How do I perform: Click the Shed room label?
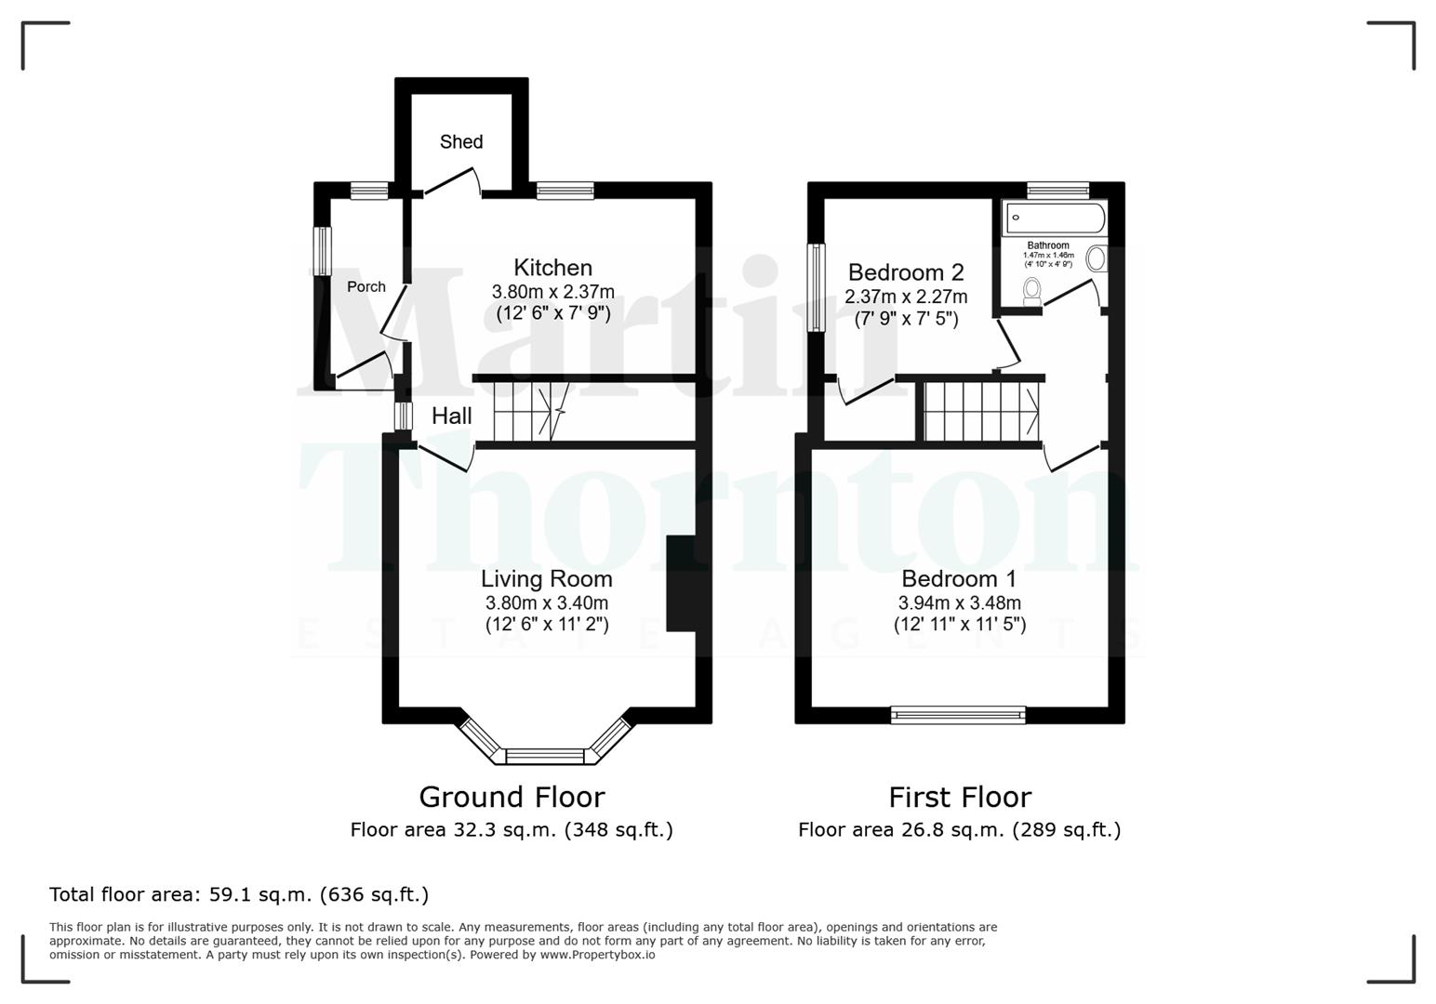460,141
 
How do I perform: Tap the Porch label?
366,286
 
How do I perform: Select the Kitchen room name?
552,268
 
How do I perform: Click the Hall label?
451,416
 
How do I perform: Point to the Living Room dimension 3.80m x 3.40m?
547,602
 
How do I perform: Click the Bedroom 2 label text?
905,272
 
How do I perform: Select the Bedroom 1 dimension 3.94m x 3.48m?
959,602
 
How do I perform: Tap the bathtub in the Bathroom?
1055,218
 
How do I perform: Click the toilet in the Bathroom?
1031,291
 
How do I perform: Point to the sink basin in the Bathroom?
1097,258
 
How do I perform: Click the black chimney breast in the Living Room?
682,583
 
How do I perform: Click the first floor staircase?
982,412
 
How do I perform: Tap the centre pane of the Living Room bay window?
546,756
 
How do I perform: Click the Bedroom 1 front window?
958,715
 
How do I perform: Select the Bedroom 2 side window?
816,287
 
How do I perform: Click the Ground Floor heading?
512,797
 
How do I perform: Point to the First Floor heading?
959,797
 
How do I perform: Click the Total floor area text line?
239,894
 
